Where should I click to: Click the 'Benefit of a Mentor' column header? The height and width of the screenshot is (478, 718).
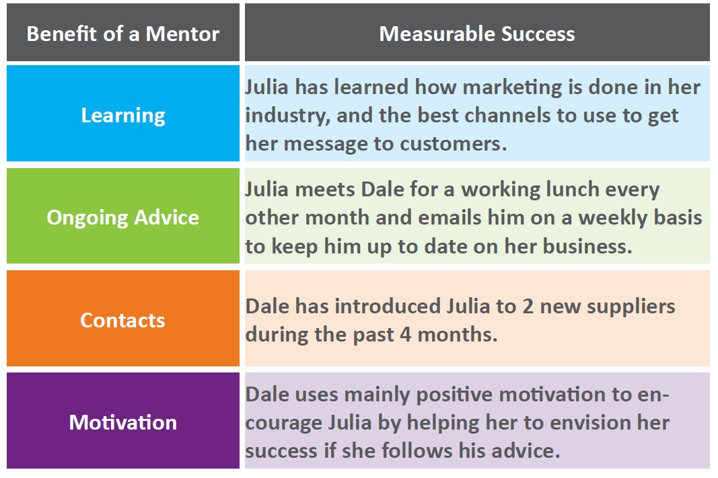122,34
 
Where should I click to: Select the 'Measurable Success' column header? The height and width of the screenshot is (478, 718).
476,34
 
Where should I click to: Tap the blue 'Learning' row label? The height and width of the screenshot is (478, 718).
123,115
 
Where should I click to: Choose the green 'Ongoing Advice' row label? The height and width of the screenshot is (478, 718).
122,218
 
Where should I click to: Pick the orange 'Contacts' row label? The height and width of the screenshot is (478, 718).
122,320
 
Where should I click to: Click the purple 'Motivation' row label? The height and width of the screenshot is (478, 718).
122,422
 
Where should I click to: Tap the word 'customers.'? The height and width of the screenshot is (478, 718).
454,144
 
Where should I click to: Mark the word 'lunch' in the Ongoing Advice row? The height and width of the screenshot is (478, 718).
570,190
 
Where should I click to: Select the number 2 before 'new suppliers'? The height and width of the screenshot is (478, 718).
528,307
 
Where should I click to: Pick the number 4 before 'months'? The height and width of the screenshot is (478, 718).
405,335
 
